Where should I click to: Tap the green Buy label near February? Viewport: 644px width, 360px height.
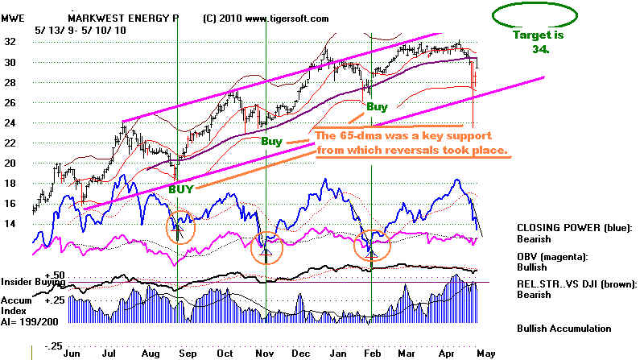pyautogui.click(x=377, y=106)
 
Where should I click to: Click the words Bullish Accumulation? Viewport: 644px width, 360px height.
pyautogui.click(x=564, y=328)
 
